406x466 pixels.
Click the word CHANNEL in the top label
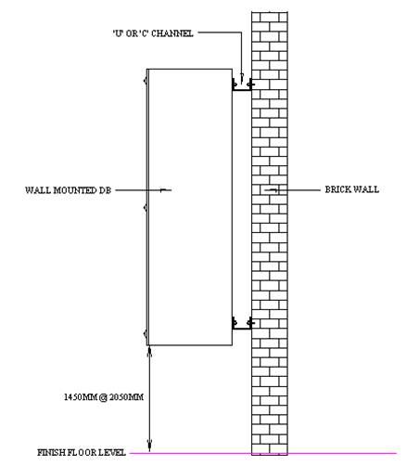pyautogui.click(x=172, y=33)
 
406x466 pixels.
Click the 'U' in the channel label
pyautogui.click(x=117, y=33)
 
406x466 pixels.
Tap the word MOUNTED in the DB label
pyautogui.click(x=75, y=190)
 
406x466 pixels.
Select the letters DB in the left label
pyautogui.click(x=105, y=190)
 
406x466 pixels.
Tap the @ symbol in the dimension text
pyautogui.click(x=103, y=397)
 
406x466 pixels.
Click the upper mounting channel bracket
pyautogui.click(x=242, y=85)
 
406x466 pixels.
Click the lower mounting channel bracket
pyautogui.click(x=243, y=324)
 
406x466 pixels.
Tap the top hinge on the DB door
pyautogui.click(x=146, y=81)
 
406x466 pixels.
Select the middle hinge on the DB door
pyautogui.click(x=146, y=208)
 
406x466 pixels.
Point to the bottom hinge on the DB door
pyautogui.click(x=146, y=333)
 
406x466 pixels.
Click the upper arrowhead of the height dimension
pyautogui.click(x=149, y=350)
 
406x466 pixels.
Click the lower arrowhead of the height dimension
pyautogui.click(x=149, y=447)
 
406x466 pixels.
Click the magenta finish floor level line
pyautogui.click(x=262, y=453)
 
